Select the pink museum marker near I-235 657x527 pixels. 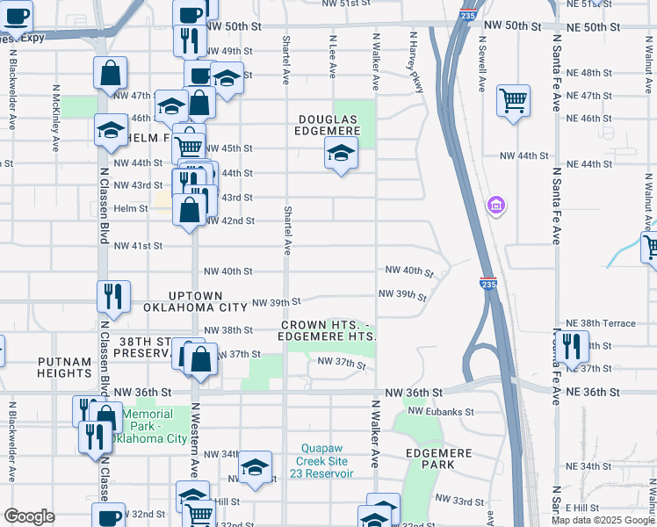click(496, 206)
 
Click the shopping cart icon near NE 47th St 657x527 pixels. click(513, 99)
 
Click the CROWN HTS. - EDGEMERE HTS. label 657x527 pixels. click(328, 330)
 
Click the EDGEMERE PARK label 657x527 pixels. click(439, 458)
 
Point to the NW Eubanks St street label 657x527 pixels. click(439, 411)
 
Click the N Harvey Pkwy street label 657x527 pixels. click(411, 61)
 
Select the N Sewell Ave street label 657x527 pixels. click(482, 63)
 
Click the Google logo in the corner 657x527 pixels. click(29, 516)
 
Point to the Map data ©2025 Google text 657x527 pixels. click(603, 520)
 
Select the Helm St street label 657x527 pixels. click(131, 208)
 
